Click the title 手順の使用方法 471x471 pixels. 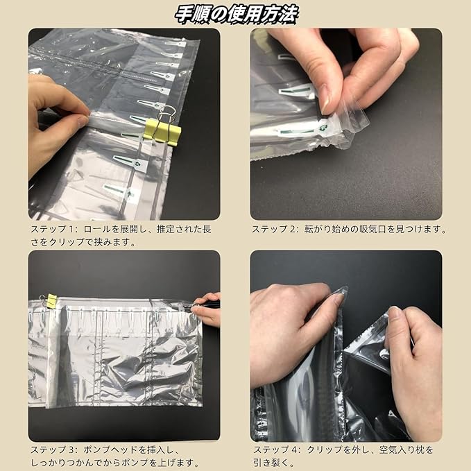point(235,13)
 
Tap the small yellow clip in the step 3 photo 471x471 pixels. point(51,301)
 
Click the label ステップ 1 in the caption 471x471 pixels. point(53,228)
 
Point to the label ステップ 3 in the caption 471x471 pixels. point(53,449)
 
